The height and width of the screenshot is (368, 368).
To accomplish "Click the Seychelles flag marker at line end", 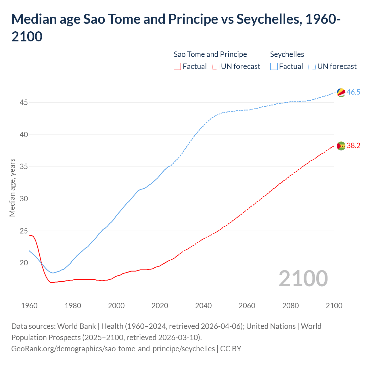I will pos(341,93).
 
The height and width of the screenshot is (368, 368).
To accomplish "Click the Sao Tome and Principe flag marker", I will pos(341,146).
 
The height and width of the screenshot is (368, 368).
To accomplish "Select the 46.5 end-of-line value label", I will pos(353,92).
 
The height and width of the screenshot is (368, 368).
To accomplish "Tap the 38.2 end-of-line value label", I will pos(353,146).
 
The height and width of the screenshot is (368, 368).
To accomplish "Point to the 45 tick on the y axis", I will pos(24,103).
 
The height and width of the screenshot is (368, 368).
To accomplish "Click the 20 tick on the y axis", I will pos(24,263).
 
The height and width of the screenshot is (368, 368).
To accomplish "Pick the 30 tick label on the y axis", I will pos(24,199).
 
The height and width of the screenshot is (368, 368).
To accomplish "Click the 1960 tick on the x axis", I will pos(29,306).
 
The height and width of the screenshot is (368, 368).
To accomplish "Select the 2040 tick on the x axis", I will pos(204,306).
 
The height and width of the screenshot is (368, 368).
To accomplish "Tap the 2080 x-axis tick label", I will pos(290,306).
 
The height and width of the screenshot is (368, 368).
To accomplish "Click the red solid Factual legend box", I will pos(177,67).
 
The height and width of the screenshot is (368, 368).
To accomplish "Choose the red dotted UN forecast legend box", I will pos(216,67).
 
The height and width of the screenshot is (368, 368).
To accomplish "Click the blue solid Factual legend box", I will pos(274,67).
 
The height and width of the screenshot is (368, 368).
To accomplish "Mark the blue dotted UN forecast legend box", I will pos(312,67).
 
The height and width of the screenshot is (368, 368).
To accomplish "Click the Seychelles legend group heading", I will pos(287,54).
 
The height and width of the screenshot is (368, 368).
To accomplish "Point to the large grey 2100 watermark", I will pos(303,279).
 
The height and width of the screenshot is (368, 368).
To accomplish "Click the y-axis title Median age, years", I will pos(12,187).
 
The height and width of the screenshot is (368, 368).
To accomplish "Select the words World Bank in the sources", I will pos(76,326).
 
